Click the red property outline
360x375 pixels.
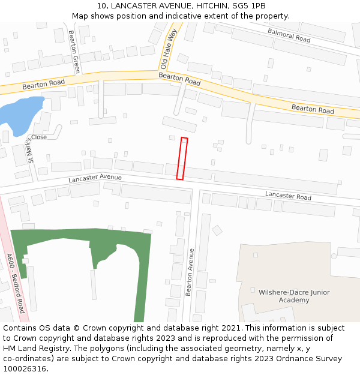182,158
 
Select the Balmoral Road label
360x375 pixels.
289,35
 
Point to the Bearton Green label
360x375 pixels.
74,52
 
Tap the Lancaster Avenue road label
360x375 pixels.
95,178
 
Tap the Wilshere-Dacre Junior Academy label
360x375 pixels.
294,296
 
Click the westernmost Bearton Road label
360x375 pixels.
43,86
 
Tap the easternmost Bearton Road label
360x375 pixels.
313,109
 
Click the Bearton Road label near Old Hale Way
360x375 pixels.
179,79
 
